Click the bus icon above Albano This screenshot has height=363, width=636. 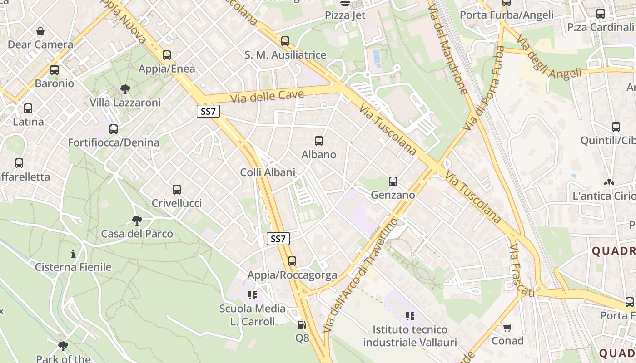[319, 141]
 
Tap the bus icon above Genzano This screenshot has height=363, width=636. [393, 181]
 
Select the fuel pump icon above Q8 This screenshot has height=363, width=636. [302, 325]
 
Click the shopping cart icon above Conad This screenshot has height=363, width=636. [507, 328]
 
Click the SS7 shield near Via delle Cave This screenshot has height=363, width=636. [208, 112]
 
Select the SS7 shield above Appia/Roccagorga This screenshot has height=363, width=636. [278, 239]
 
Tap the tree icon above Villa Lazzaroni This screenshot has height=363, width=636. [125, 89]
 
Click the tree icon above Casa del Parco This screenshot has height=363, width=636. [137, 221]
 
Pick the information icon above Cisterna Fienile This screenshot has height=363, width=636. [73, 253]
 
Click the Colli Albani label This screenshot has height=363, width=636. [268, 172]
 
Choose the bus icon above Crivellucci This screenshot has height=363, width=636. [177, 190]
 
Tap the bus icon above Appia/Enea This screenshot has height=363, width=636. [167, 55]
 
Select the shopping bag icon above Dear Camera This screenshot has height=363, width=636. [40, 31]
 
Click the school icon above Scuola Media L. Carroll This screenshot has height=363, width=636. [253, 296]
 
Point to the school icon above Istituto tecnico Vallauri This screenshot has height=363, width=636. [410, 316]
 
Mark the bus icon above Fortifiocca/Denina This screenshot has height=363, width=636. [114, 129]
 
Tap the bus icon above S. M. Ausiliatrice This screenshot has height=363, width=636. [285, 41]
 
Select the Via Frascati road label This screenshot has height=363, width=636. [521, 271]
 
